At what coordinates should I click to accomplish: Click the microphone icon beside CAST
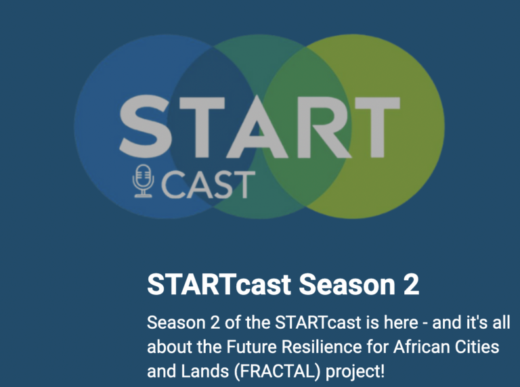click(144, 180)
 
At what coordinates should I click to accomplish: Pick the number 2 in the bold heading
click(410, 286)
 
